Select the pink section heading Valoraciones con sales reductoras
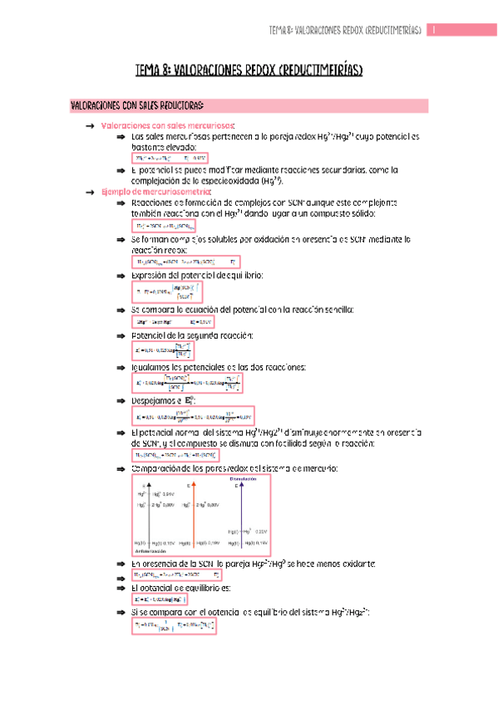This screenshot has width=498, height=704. (137, 105)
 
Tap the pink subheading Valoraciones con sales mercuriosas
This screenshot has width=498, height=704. (167, 125)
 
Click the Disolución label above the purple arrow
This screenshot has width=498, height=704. (242, 479)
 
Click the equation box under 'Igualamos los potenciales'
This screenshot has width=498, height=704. (188, 382)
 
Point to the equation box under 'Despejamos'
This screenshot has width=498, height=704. (190, 417)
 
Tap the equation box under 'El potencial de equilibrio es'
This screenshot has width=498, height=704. (160, 599)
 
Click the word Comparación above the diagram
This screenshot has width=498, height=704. (158, 470)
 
